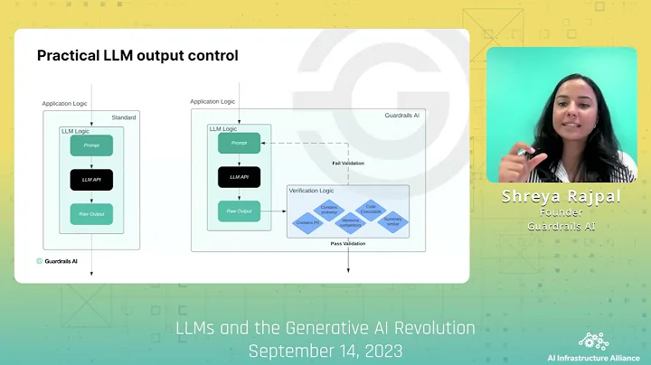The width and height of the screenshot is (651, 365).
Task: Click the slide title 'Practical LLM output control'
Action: [x=137, y=56]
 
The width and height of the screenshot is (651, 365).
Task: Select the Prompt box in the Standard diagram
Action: [x=91, y=145]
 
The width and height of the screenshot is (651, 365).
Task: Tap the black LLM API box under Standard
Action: [x=91, y=180]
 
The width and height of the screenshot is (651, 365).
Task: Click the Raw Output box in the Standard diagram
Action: [x=91, y=214]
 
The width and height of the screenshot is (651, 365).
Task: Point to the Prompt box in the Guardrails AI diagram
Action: [x=239, y=143]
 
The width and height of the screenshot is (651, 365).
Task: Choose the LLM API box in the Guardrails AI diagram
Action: [x=239, y=177]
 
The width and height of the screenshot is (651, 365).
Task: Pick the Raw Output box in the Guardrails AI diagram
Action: [x=239, y=211]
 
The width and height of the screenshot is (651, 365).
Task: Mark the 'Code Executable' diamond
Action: [x=370, y=209]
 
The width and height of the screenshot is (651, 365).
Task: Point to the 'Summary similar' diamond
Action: [x=392, y=221]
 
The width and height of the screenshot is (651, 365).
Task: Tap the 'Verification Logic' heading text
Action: [x=312, y=191]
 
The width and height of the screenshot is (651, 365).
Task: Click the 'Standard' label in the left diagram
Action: [x=124, y=117]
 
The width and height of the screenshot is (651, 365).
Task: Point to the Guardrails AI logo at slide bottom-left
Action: [x=57, y=261]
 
